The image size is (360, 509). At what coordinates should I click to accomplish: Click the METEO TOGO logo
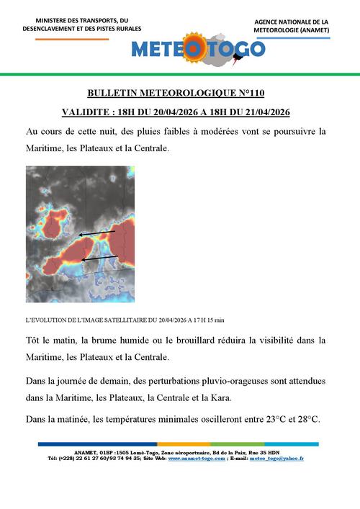[x=198, y=48]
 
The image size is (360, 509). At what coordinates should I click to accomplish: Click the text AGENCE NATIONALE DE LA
[x=291, y=22]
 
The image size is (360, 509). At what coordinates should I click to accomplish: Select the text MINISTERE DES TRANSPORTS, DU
[x=81, y=21]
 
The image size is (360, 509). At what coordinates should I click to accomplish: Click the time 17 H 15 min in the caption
[x=209, y=319]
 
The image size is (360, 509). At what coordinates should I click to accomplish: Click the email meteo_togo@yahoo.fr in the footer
[x=279, y=458]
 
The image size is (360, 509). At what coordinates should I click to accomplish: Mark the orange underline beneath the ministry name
[x=81, y=38]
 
